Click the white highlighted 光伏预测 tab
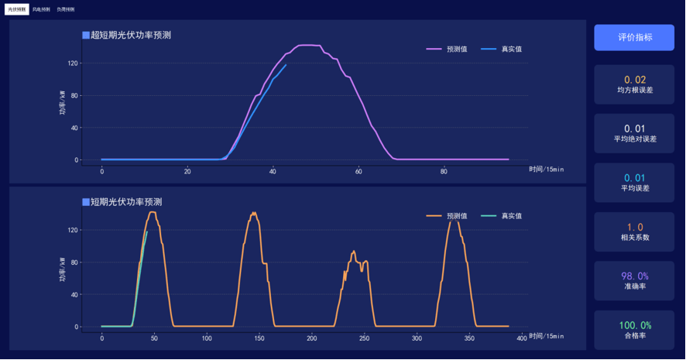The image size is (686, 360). (16, 9)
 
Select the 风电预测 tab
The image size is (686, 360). (41, 9)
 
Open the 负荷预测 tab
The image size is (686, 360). (66, 9)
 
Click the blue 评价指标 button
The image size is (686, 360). (634, 37)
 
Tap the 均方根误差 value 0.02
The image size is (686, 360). (635, 80)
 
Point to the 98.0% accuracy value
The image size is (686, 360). (635, 276)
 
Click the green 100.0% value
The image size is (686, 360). (635, 326)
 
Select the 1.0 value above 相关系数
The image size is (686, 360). (635, 228)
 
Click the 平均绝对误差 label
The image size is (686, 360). (635, 139)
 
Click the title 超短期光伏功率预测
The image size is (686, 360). (131, 35)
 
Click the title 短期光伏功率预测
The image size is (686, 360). (126, 202)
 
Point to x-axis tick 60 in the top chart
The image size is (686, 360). (358, 171)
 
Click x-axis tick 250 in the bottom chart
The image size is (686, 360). (364, 338)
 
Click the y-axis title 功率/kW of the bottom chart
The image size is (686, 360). (63, 269)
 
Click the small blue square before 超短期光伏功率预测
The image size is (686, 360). (86, 35)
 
